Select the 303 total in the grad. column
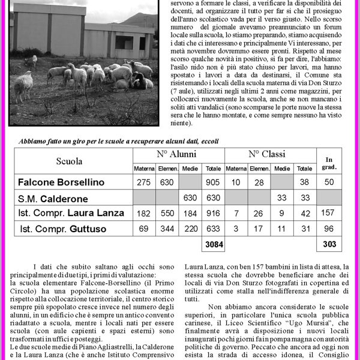coord(329,245)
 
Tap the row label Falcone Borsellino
coord(61,182)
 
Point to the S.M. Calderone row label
coord(53,198)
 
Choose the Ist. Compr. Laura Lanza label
coord(71,213)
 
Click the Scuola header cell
coord(70,161)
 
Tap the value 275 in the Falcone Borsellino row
coord(144,182)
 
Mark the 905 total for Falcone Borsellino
coord(213,182)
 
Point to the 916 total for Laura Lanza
coord(213,213)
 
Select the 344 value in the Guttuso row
coord(167,229)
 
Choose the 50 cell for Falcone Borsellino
coord(329,182)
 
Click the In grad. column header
coord(329,163)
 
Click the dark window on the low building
coord(125,42)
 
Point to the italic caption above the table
coord(118,141)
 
